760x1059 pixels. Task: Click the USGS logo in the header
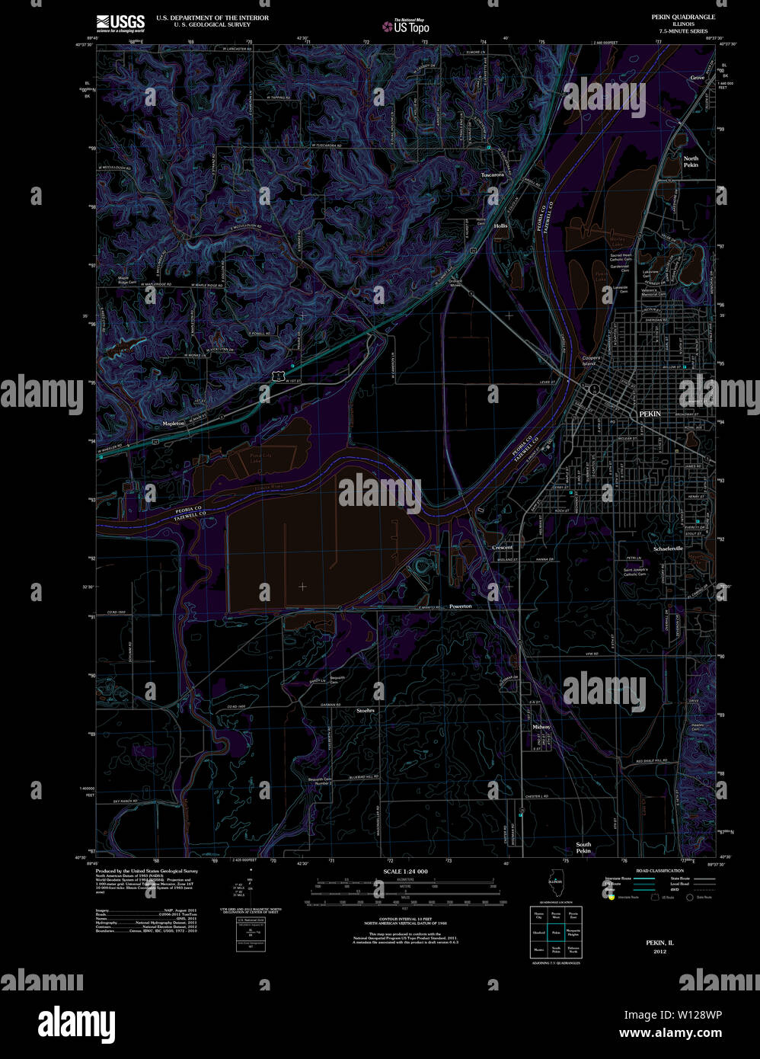tap(120, 22)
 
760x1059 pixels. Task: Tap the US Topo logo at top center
tap(407, 27)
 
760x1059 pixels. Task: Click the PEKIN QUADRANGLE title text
tap(683, 16)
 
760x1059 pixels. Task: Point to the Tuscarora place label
tap(493, 174)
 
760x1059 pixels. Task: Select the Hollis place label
tap(500, 226)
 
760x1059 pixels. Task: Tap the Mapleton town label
tap(174, 423)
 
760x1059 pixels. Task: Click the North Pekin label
tap(691, 162)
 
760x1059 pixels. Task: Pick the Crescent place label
tap(503, 547)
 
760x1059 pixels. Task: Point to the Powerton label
tap(460, 606)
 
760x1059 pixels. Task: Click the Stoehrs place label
tap(366, 710)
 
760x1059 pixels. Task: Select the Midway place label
tap(541, 727)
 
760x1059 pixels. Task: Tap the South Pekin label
tap(583, 847)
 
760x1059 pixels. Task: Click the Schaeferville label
tap(669, 548)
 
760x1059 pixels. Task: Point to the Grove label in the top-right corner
tap(698, 78)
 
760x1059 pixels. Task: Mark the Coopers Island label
tap(591, 360)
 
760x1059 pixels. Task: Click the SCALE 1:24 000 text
tap(405, 872)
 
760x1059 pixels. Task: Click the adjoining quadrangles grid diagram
tap(555, 932)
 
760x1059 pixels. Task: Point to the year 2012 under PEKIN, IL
tap(659, 951)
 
